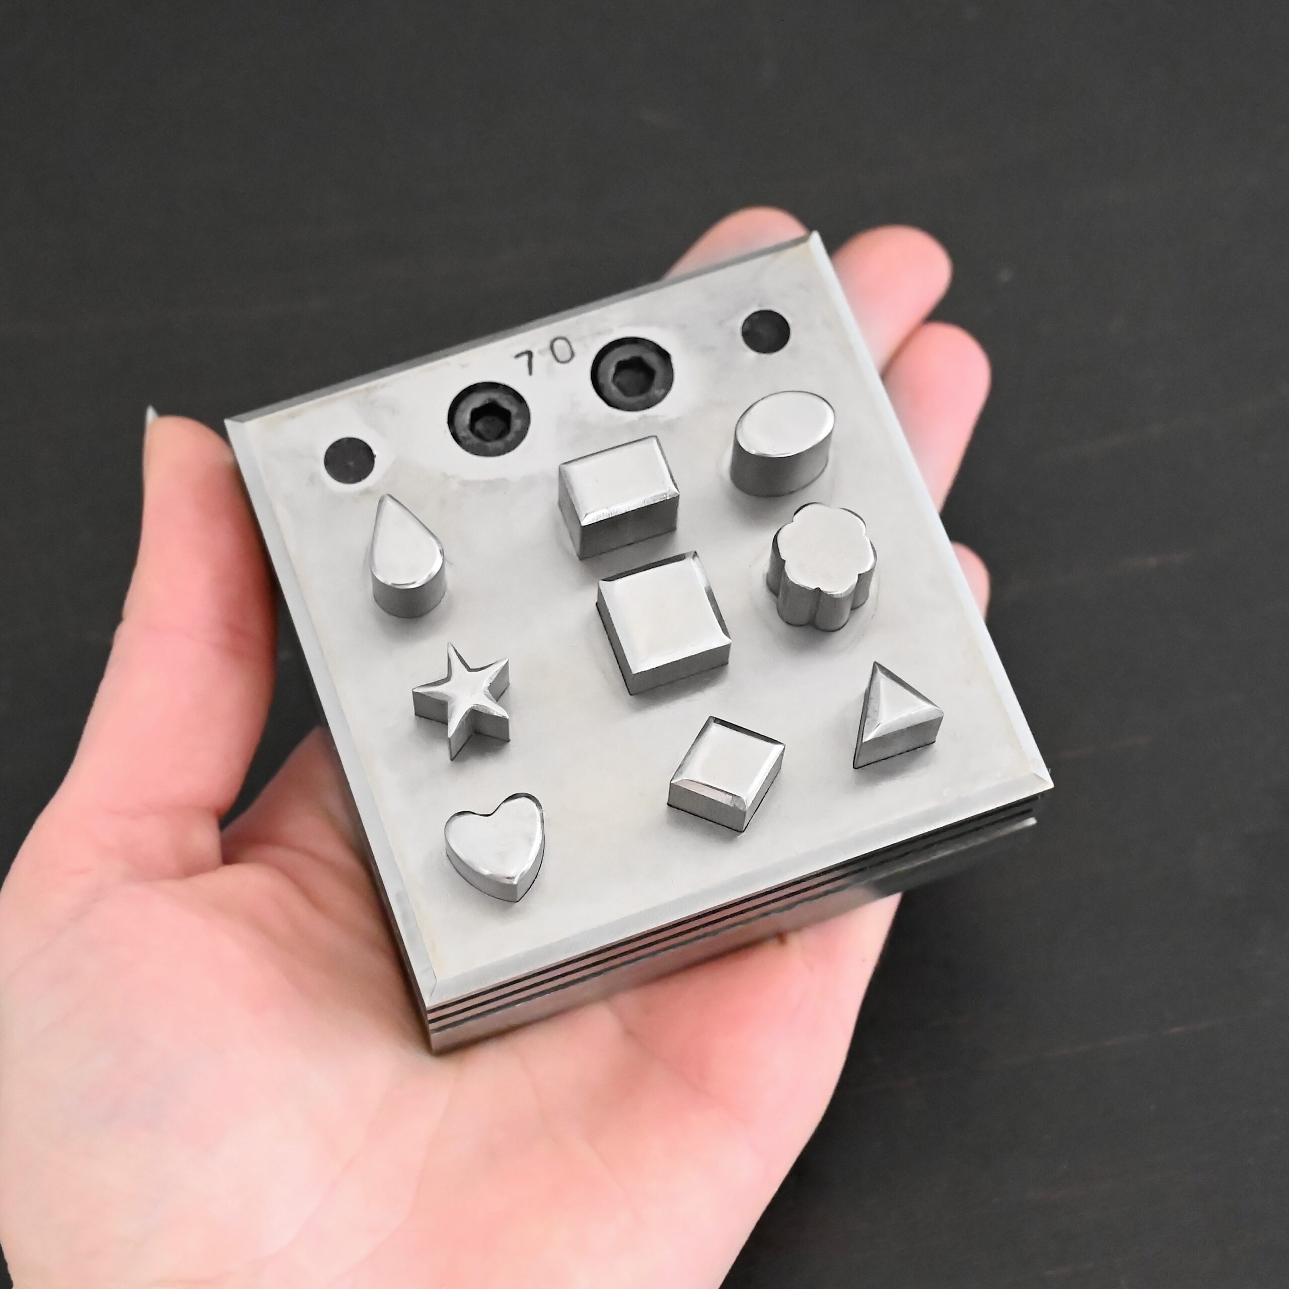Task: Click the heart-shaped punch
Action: tap(494, 845)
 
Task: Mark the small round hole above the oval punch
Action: tap(765, 332)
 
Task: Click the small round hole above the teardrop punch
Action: tap(349, 460)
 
